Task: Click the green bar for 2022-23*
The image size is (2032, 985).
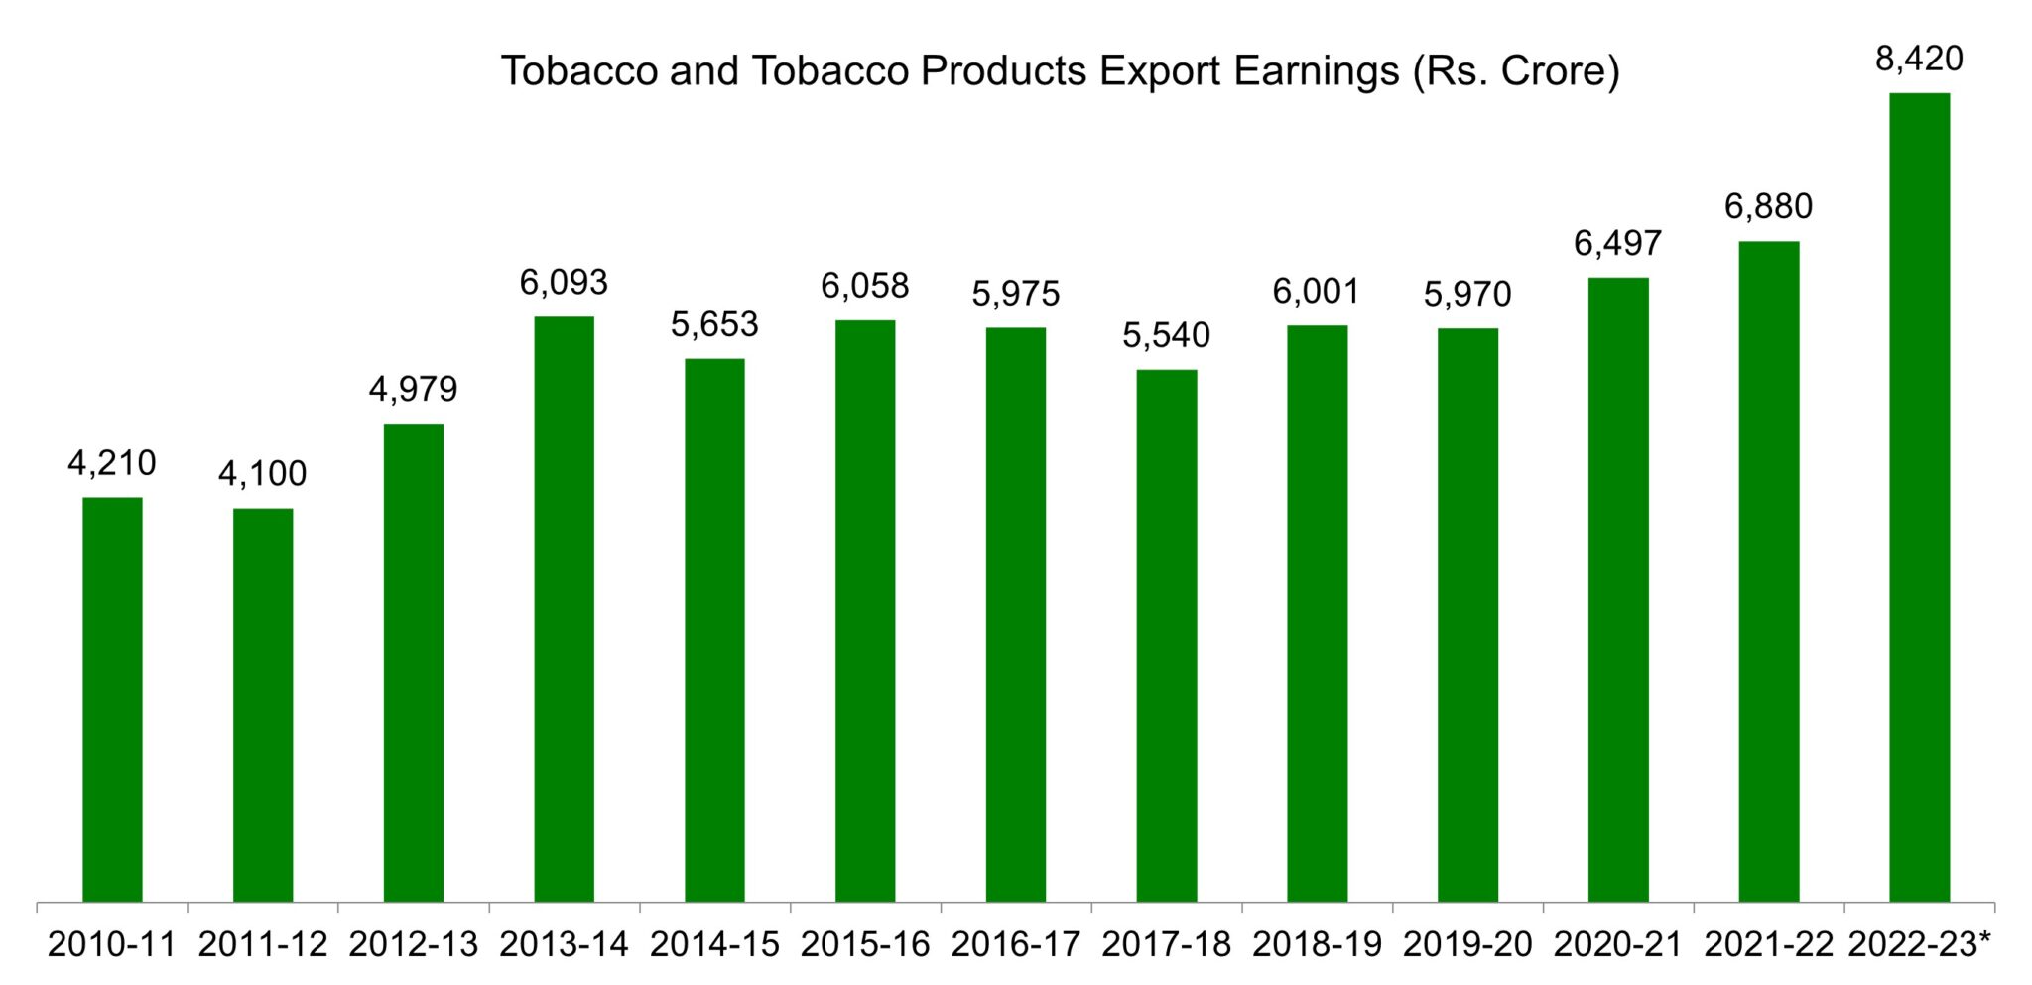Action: [1919, 496]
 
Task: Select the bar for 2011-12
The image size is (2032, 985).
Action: [263, 704]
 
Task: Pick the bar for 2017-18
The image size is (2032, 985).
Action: [1166, 635]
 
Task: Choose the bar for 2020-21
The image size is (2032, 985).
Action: [1617, 589]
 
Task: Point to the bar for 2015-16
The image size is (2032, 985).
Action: [864, 610]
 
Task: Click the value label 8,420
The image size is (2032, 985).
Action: [1919, 60]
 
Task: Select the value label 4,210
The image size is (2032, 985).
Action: [112, 463]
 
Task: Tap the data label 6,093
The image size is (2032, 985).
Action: [564, 283]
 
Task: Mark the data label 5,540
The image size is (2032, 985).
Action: [1166, 335]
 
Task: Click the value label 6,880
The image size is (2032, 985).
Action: [1768, 206]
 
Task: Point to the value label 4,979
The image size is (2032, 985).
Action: [413, 389]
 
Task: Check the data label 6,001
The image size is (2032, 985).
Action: [1317, 292]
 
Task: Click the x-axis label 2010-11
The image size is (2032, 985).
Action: [112, 944]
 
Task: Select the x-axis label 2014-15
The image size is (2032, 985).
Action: [714, 944]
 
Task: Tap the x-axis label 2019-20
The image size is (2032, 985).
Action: [1467, 944]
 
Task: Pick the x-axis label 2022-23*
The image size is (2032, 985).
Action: [1919, 944]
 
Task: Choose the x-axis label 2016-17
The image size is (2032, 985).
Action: [1015, 944]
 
